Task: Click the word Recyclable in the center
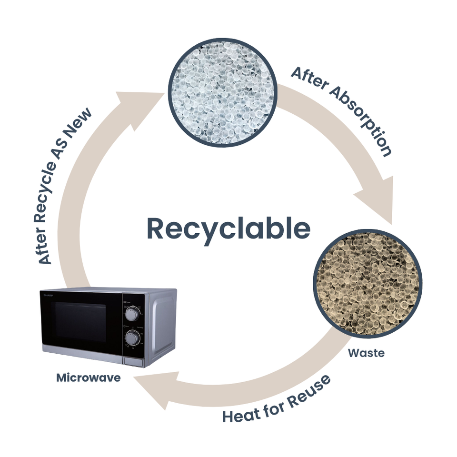(228, 228)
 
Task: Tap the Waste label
(366, 353)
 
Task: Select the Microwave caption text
(89, 378)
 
